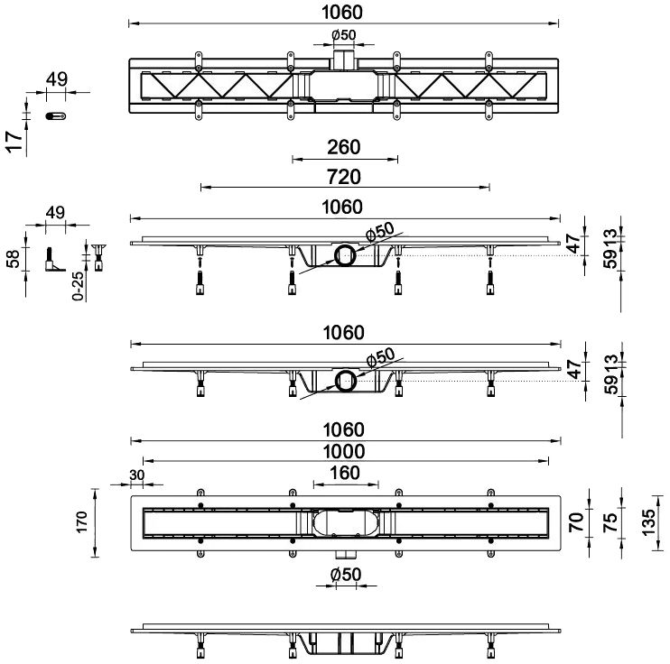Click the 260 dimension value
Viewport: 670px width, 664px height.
[x=344, y=147]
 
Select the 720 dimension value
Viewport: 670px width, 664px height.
[x=344, y=176]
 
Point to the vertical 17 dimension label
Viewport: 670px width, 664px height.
[x=13, y=143]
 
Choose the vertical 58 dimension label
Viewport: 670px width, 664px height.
[x=13, y=259]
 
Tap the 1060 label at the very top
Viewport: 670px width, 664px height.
[x=344, y=12]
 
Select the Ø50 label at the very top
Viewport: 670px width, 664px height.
[x=344, y=35]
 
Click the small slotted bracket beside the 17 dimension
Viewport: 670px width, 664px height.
[x=57, y=115]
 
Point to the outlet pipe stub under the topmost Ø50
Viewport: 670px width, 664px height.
[x=344, y=60]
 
